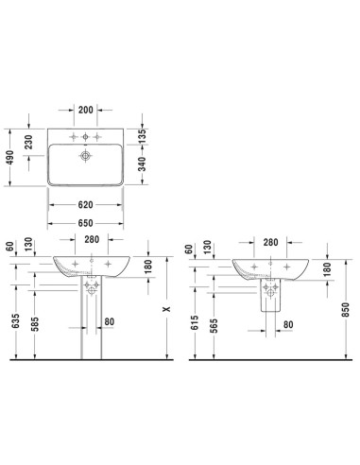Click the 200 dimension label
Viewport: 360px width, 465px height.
click(86, 110)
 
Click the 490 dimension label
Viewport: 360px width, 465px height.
click(10, 158)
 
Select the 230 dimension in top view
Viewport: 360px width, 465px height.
click(28, 142)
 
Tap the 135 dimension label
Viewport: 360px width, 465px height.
click(143, 136)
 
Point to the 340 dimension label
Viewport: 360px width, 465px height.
click(143, 164)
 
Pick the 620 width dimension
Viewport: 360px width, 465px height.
click(86, 205)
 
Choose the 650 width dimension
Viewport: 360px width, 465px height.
click(86, 223)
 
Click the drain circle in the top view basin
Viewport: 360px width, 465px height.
click(85, 156)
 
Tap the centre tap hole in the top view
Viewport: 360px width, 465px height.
click(85, 137)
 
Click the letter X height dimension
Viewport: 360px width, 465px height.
click(166, 309)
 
